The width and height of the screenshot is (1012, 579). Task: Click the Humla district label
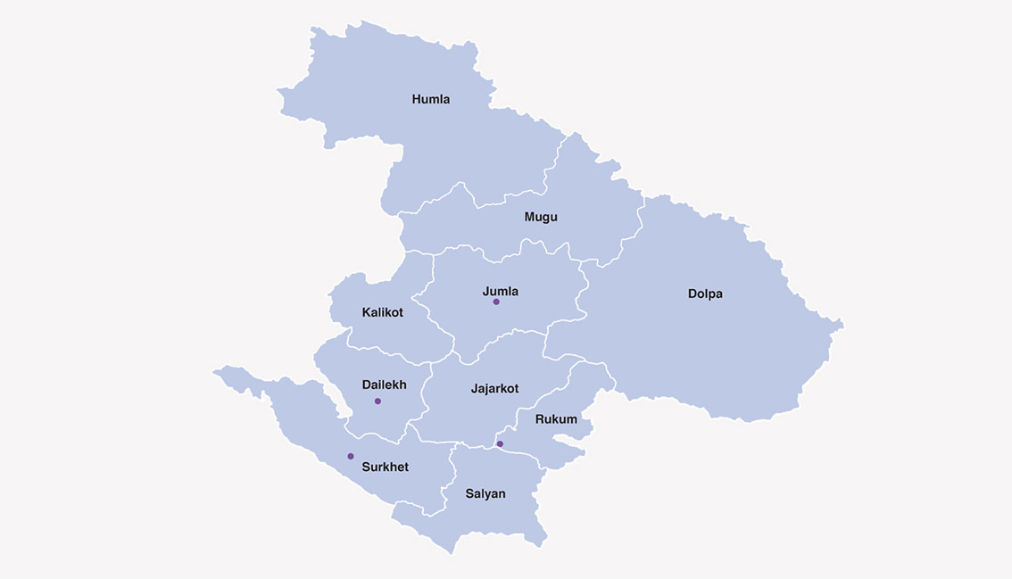tap(431, 99)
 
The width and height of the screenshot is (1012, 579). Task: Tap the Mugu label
tap(541, 217)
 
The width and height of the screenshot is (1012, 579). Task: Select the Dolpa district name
tap(705, 294)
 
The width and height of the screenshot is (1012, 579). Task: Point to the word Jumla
tap(500, 291)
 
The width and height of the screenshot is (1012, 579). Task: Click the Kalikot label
tap(382, 312)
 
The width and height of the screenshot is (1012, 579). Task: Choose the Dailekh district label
tap(384, 385)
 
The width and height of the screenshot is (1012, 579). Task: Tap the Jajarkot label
tap(494, 388)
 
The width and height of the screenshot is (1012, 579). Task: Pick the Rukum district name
tap(556, 418)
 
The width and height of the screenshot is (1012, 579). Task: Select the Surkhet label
tap(385, 467)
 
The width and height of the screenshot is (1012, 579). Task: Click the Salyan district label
tap(485, 493)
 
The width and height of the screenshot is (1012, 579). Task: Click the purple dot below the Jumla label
tap(496, 302)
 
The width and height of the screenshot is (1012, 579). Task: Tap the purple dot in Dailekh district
tap(377, 401)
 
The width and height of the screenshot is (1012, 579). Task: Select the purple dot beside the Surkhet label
tap(351, 456)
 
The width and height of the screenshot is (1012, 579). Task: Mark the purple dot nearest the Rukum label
tap(500, 443)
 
